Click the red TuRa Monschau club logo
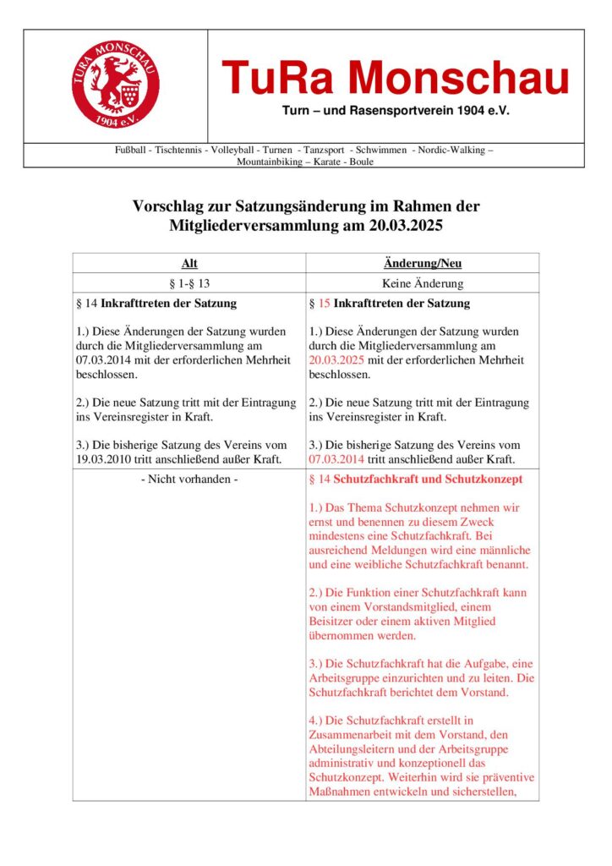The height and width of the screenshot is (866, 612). pyautogui.click(x=116, y=85)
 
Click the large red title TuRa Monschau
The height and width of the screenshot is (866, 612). pyautogui.click(x=396, y=79)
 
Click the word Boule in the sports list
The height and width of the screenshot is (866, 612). pyautogui.click(x=361, y=162)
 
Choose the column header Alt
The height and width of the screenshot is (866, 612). pyautogui.click(x=189, y=264)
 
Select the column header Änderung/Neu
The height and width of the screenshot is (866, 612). pyautogui.click(x=422, y=264)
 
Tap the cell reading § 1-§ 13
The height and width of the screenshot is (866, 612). pyautogui.click(x=189, y=284)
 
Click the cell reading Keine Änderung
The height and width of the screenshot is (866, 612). pyautogui.click(x=422, y=284)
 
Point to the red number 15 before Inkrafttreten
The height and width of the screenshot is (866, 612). pyautogui.click(x=324, y=303)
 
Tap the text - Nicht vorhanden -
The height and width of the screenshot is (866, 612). pyautogui.click(x=189, y=480)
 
